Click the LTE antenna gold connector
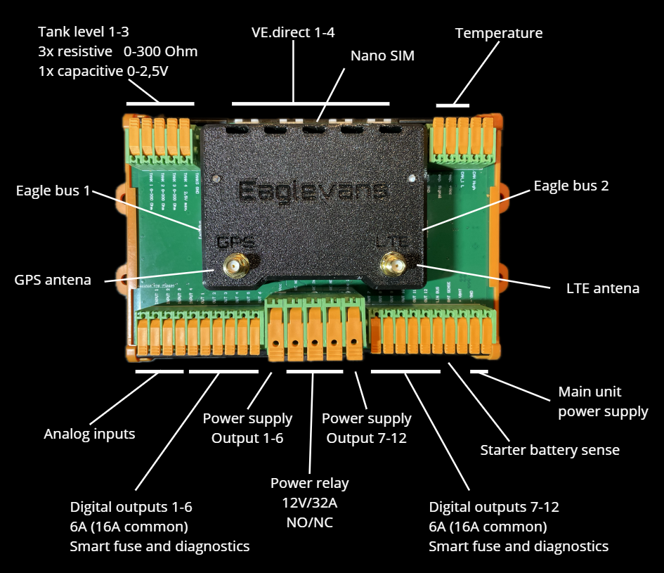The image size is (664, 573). [x=391, y=266]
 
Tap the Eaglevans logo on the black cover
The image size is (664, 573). [x=313, y=191]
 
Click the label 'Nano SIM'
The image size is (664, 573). [x=382, y=56]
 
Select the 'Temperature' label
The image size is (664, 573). [x=499, y=33]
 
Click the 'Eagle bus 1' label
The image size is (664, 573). [x=53, y=191]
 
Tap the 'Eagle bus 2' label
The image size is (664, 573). [x=571, y=186]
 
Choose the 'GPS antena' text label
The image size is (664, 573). [x=53, y=280]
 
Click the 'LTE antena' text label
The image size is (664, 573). [x=602, y=288]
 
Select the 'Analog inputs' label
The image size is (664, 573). [x=89, y=434]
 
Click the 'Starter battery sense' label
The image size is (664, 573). [x=549, y=450]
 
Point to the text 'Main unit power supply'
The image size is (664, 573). [x=603, y=401]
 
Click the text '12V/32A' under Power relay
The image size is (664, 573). [x=309, y=503]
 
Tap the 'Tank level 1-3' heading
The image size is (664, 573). [x=84, y=32]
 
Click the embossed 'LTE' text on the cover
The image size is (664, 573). [x=391, y=241]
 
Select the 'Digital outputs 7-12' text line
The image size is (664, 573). [x=494, y=507]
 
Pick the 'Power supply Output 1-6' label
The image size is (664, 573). [x=247, y=428]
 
